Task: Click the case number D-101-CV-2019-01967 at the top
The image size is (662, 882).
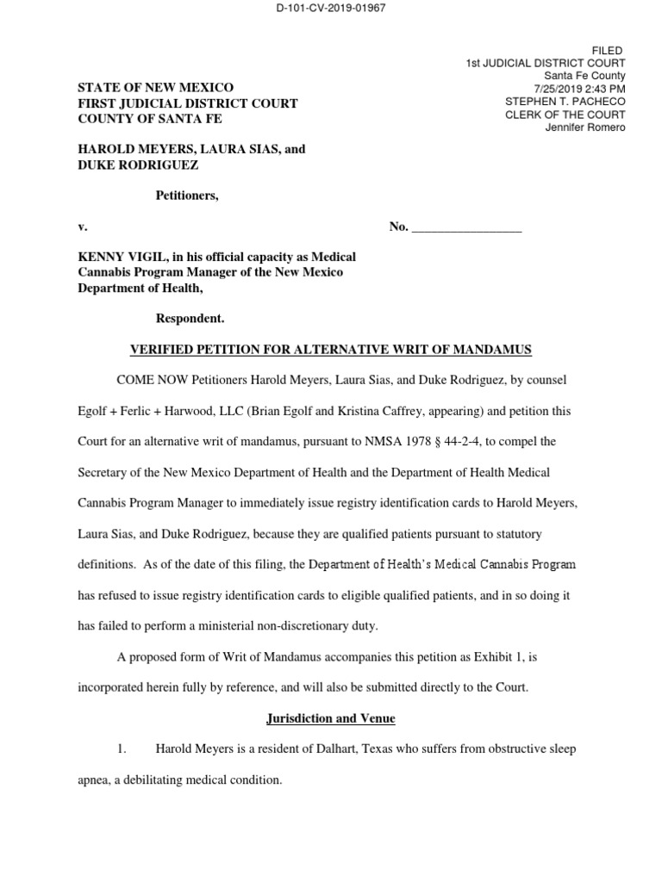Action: coord(332,9)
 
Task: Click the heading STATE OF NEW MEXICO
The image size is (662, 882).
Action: coord(155,88)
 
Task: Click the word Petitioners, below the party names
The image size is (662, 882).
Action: coord(186,196)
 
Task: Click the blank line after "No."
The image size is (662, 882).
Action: coord(467,227)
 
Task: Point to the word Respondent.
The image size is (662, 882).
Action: coord(190,319)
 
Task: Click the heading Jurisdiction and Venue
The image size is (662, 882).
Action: coord(330,717)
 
